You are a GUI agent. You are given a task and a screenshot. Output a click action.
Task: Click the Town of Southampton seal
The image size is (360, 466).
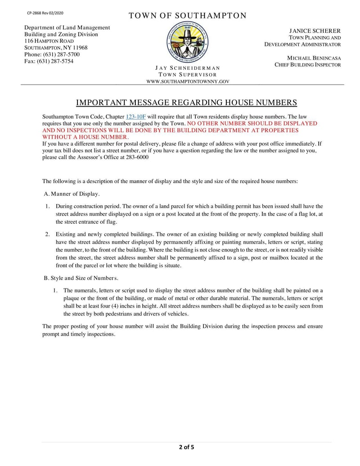(188, 43)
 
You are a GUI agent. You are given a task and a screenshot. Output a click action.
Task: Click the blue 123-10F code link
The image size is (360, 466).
(136, 117)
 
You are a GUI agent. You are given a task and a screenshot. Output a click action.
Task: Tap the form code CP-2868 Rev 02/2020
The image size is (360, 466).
(45, 13)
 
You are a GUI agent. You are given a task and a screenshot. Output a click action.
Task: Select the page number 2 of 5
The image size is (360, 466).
(186, 447)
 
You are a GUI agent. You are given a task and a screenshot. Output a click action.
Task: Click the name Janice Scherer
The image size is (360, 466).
(315, 31)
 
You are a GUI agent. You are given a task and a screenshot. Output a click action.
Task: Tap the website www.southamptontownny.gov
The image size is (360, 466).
(188, 81)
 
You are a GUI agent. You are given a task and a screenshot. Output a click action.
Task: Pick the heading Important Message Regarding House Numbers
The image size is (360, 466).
(186, 102)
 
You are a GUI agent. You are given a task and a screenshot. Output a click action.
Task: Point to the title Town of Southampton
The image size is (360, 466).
(188, 16)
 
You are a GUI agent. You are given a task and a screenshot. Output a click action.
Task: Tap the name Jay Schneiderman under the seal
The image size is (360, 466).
(188, 68)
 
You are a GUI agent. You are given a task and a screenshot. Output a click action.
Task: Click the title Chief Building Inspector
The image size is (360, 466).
(308, 65)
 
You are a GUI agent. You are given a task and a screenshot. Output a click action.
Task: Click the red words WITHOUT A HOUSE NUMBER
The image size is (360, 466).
(85, 137)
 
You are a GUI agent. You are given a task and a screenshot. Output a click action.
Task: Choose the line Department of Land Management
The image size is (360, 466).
(67, 28)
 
